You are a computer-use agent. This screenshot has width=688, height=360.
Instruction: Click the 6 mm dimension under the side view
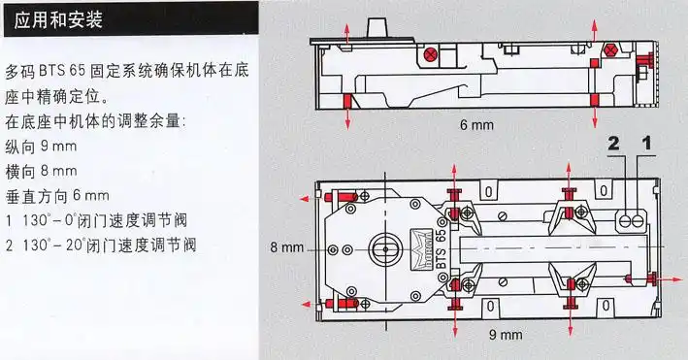click(x=476, y=126)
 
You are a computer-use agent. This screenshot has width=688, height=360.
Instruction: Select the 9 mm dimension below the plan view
click(x=506, y=335)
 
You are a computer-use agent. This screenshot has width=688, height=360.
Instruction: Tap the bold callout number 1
click(x=646, y=145)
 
